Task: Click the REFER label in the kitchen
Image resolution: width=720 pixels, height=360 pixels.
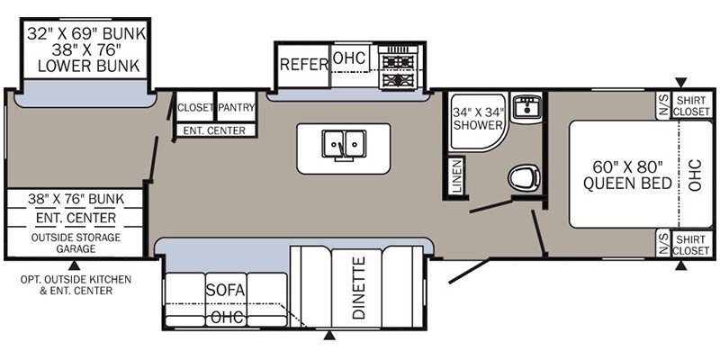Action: tap(301, 65)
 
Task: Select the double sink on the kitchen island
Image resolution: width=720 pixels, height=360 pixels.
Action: tap(345, 144)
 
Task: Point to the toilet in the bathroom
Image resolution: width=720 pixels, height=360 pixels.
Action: tap(519, 177)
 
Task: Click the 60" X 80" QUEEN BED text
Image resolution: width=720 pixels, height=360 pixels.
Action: tap(627, 175)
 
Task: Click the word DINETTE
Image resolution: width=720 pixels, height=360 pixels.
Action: tap(358, 288)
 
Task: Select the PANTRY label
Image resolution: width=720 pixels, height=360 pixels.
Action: tap(236, 108)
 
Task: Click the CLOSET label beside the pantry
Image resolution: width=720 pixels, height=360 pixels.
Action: tap(195, 108)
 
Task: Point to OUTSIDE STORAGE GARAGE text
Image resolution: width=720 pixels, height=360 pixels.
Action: tap(76, 243)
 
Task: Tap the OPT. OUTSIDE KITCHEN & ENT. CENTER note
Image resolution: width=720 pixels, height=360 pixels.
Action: tap(76, 284)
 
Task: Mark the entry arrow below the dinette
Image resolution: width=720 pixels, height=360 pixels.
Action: tap(330, 336)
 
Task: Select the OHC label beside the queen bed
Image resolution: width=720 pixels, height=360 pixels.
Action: tap(694, 175)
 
